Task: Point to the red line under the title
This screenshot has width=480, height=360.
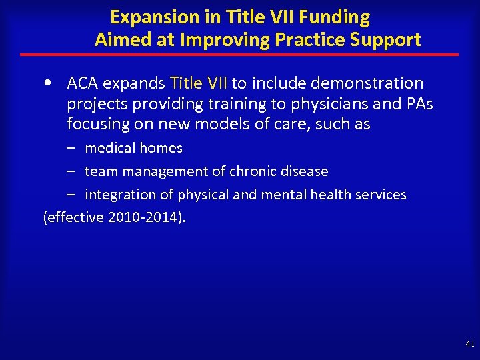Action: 239,54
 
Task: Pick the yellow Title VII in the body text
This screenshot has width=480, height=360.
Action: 199,83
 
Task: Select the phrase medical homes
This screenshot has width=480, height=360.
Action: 133,148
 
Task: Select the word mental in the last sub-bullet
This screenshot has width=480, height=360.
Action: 293,195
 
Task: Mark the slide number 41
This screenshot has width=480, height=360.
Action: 469,344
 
